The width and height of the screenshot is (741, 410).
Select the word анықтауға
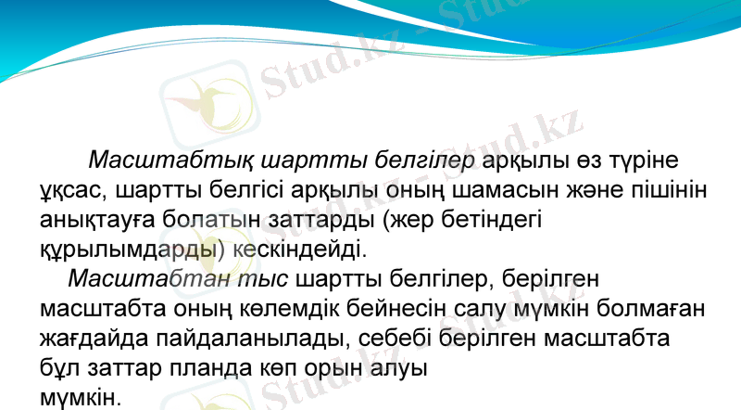click(106, 220)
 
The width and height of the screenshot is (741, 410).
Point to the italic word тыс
click(262, 278)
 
